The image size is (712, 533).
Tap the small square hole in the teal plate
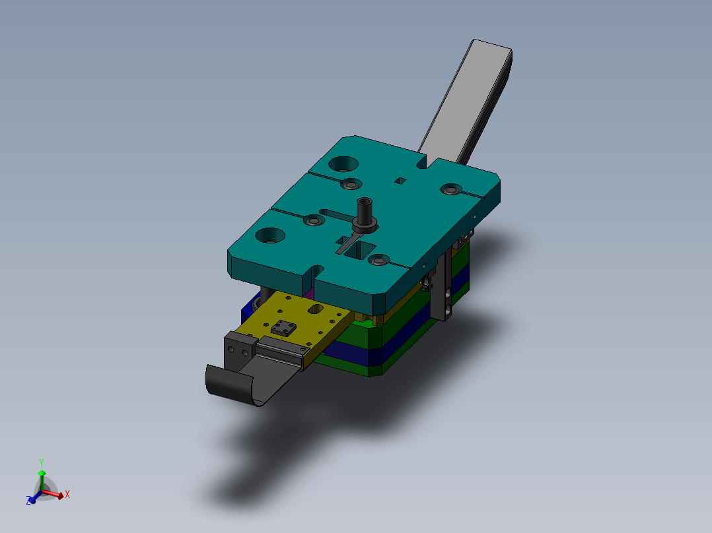pyautogui.click(x=400, y=180)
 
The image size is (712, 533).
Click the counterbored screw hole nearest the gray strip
pyautogui.click(x=451, y=189)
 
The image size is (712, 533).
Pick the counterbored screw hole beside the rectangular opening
pyautogui.click(x=379, y=261)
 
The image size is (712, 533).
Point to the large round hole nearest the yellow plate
pyautogui.click(x=270, y=234)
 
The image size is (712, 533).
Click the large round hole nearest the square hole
pyautogui.click(x=343, y=163)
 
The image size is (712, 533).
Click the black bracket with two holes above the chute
pyautogui.click(x=239, y=347)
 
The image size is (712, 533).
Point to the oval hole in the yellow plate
pyautogui.click(x=315, y=308)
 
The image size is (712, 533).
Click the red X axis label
pyautogui.click(x=67, y=493)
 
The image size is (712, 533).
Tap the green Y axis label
pyautogui.click(x=41, y=462)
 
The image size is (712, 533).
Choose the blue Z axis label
pyautogui.click(x=30, y=501)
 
